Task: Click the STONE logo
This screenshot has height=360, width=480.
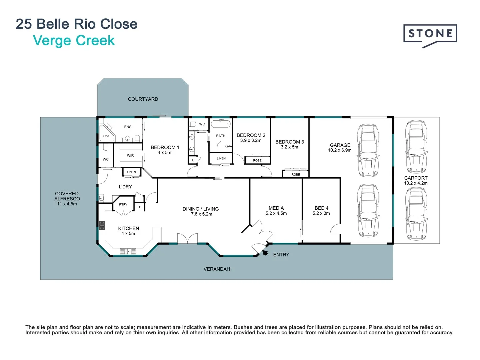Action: [430, 34]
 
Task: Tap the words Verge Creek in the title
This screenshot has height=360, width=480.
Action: [74, 41]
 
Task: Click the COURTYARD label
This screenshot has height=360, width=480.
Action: [143, 99]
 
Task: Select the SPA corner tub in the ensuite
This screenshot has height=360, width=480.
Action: [106, 134]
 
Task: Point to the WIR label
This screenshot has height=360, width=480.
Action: [130, 156]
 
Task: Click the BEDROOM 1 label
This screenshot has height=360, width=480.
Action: [165, 147]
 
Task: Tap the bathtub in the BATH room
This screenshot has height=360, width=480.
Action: [221, 124]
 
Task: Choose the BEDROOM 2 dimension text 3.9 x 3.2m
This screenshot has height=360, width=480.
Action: [251, 140]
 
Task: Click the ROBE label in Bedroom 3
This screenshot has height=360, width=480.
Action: [296, 174]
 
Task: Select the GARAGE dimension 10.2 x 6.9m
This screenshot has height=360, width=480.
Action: [340, 150]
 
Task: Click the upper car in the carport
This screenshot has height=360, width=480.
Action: [416, 147]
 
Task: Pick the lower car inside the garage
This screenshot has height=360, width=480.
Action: [368, 211]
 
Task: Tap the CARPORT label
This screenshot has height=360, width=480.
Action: [416, 178]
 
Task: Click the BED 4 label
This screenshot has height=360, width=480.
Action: [321, 208]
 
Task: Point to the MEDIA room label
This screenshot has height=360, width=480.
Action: [276, 208]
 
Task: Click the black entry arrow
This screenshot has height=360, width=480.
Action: [265, 253]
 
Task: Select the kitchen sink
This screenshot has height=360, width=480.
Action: [128, 251]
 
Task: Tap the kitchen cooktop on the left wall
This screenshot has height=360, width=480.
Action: [102, 226]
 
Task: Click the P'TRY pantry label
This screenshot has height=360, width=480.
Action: [123, 204]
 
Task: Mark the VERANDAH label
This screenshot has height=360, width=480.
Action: [217, 269]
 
